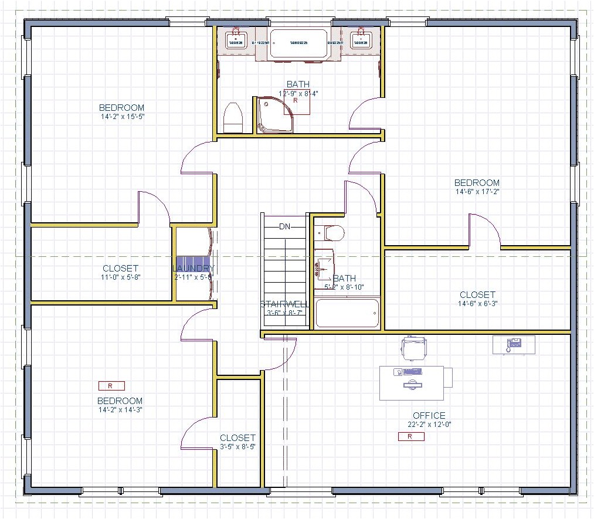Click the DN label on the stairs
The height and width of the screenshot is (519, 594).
[285, 226]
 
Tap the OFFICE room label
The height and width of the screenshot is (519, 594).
[429, 415]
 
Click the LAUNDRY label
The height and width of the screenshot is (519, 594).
[194, 269]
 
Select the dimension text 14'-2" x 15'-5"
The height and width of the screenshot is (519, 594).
[122, 116]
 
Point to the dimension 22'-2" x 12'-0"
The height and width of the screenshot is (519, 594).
[429, 424]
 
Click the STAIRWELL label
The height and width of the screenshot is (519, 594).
[284, 304]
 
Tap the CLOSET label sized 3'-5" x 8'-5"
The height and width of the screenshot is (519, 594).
[237, 437]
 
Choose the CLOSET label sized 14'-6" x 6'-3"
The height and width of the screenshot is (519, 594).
[477, 294]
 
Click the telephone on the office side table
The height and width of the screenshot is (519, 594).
[514, 344]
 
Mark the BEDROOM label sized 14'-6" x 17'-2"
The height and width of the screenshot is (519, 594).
[477, 182]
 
